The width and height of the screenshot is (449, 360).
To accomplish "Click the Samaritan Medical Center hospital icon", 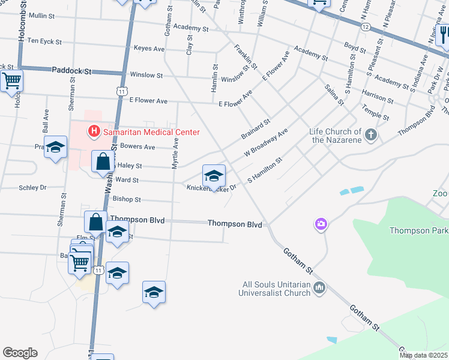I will coord(94,130).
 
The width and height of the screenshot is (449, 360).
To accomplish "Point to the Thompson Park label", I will coord(418,230).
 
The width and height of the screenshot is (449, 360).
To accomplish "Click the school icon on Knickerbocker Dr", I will coord(214,176).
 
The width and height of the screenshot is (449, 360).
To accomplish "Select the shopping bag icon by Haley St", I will coord(103,161).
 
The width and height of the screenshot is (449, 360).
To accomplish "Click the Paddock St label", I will coord(71,71).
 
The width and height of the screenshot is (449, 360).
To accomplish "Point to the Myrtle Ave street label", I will coord(176,153).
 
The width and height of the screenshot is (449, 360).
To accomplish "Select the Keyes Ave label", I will coord(149,49).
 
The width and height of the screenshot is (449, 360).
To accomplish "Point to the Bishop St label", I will coord(126,199).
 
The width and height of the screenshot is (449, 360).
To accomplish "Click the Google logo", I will coord(20,353).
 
